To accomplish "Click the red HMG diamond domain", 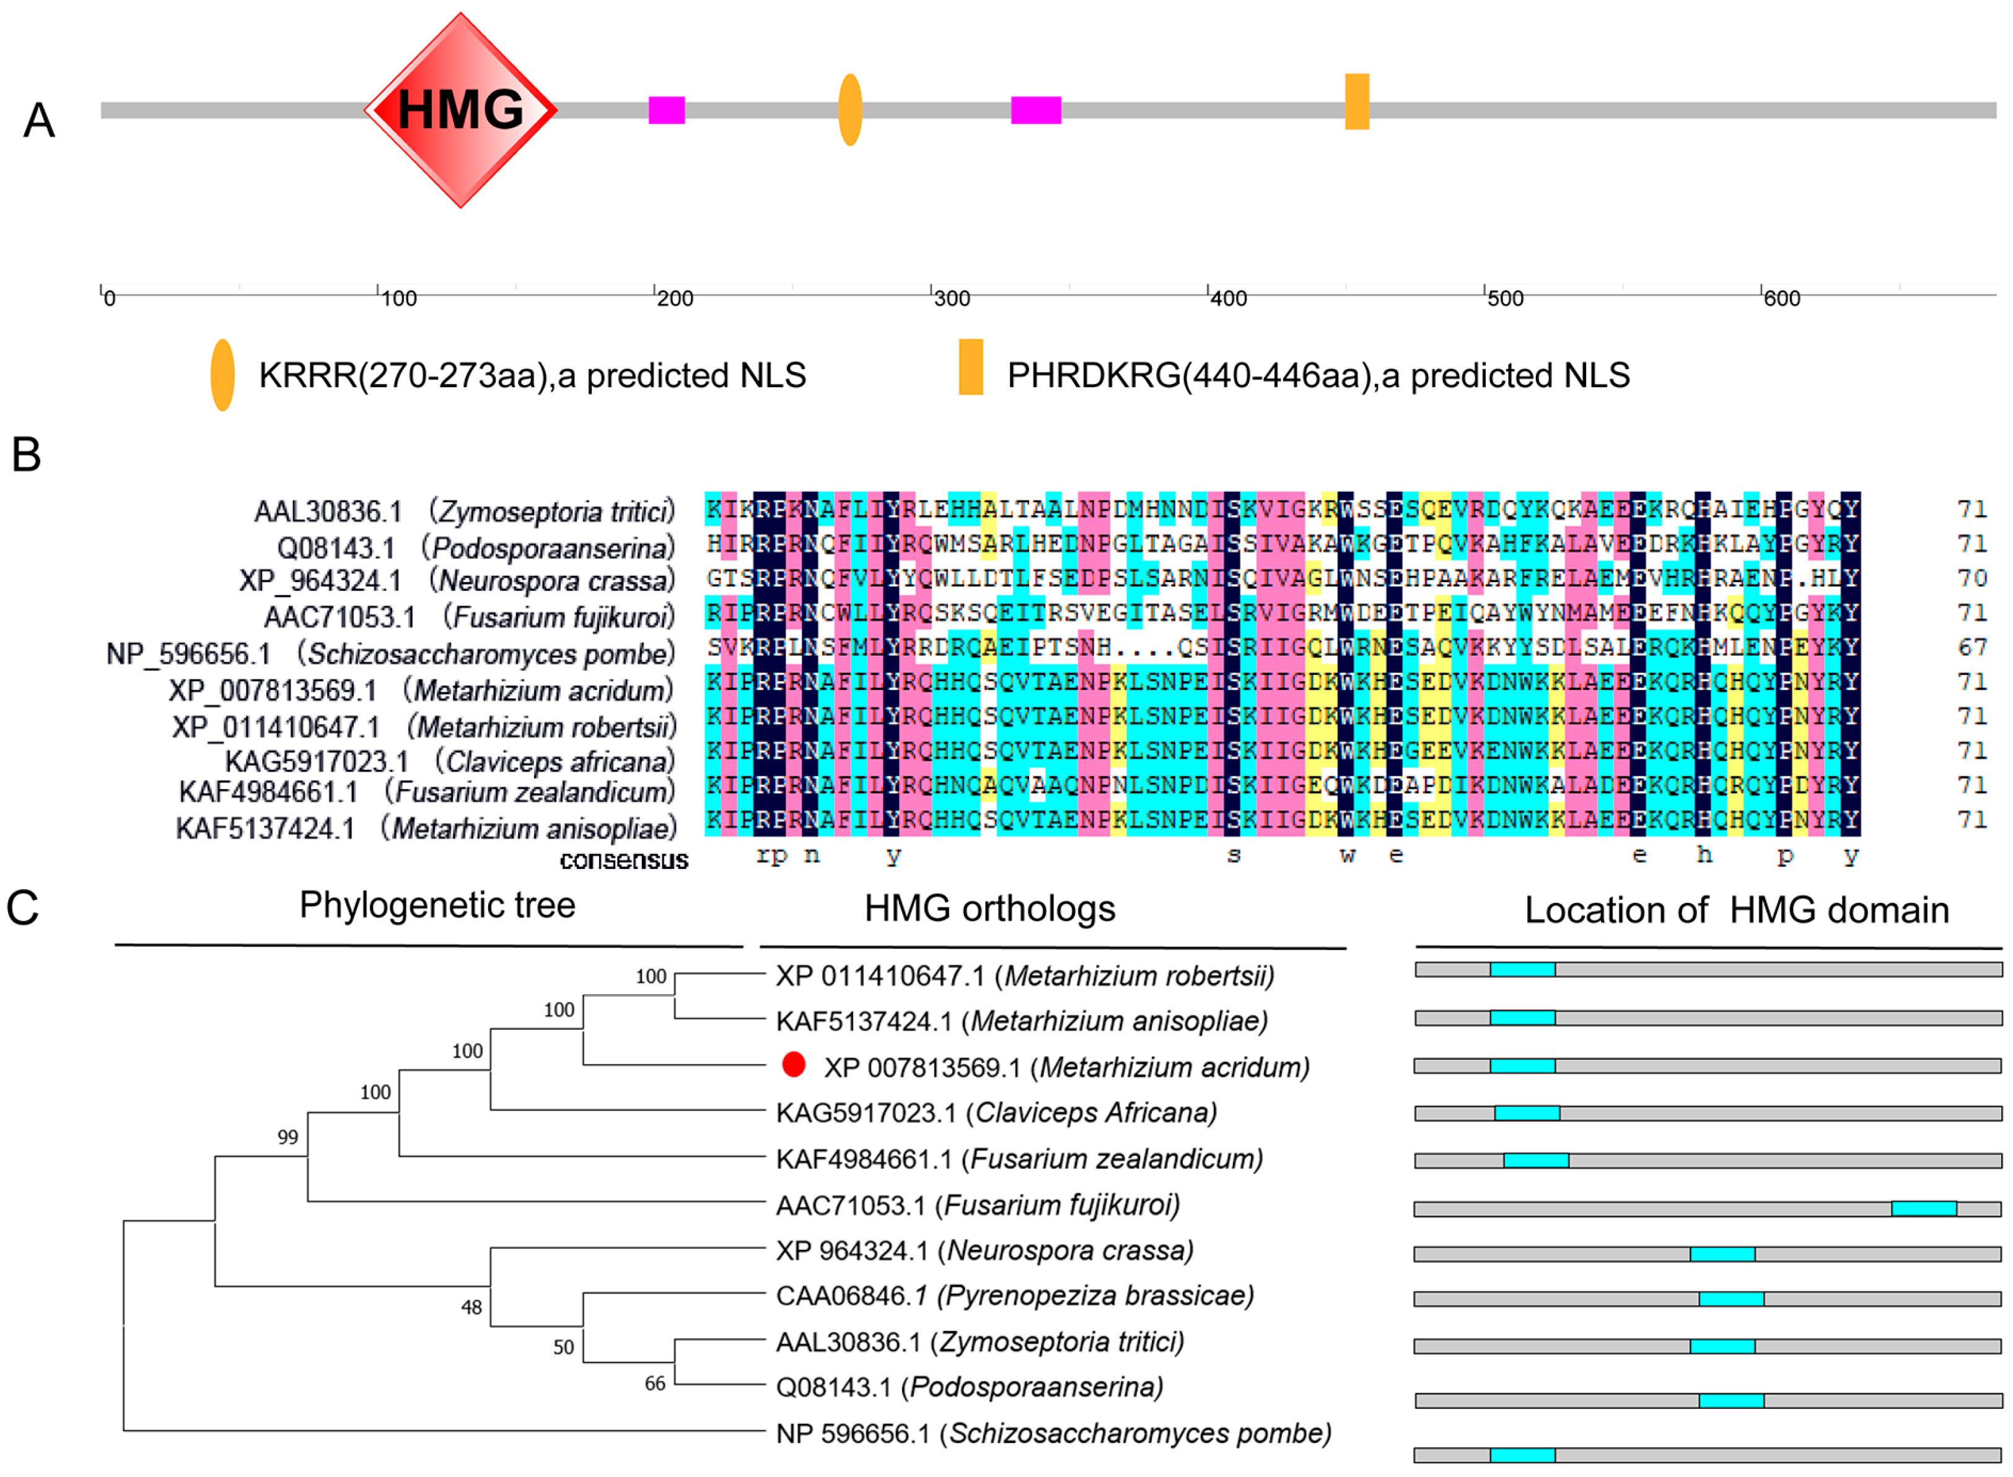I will tap(460, 110).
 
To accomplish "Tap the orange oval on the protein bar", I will tap(849, 110).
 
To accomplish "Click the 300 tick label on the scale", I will tap(952, 298).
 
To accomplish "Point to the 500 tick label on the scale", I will tap(1505, 298).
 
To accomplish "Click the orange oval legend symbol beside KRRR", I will tap(222, 375).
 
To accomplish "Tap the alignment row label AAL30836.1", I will tap(328, 512).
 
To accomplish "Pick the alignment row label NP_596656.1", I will tap(188, 653).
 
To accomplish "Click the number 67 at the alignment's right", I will tap(1972, 647).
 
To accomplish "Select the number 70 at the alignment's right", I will tap(1972, 578).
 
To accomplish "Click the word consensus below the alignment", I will tap(623, 860).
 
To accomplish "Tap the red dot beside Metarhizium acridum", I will tap(793, 1064).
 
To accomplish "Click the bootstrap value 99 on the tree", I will tap(287, 1137).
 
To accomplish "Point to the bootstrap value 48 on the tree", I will tap(471, 1308).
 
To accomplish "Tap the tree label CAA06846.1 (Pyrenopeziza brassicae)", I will tap(1014, 1296).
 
